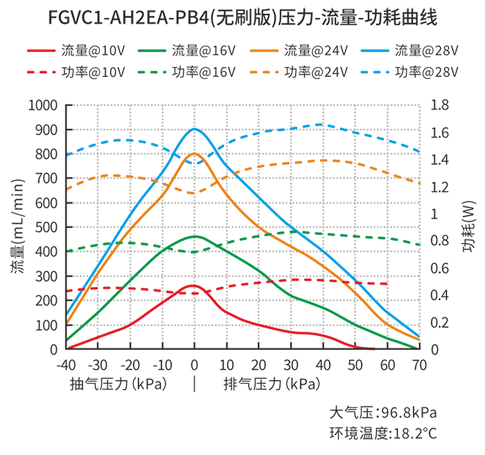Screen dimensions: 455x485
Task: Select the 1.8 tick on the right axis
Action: tap(441, 105)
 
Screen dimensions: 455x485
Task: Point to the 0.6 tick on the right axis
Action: tap(441, 268)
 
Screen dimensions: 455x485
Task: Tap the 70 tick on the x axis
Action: tap(418, 364)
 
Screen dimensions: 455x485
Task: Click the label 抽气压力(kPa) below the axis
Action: tap(118, 383)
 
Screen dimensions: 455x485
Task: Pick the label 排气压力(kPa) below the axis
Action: tap(271, 383)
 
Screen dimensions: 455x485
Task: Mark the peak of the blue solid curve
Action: tap(195, 129)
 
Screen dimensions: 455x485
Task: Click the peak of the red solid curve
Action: tap(193, 285)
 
